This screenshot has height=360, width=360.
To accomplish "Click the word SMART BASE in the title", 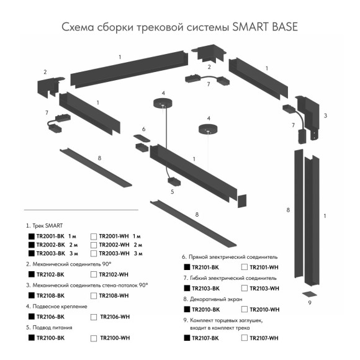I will point(263,27).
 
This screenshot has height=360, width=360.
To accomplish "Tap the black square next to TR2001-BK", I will point(30,236).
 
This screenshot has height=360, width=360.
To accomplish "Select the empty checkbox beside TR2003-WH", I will point(94,253).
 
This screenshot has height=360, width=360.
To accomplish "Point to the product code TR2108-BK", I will point(51,295).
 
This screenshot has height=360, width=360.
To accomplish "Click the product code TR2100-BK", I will point(51,338).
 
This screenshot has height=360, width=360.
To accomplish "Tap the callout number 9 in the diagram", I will point(308,303).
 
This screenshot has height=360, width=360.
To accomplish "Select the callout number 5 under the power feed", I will point(172,192).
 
